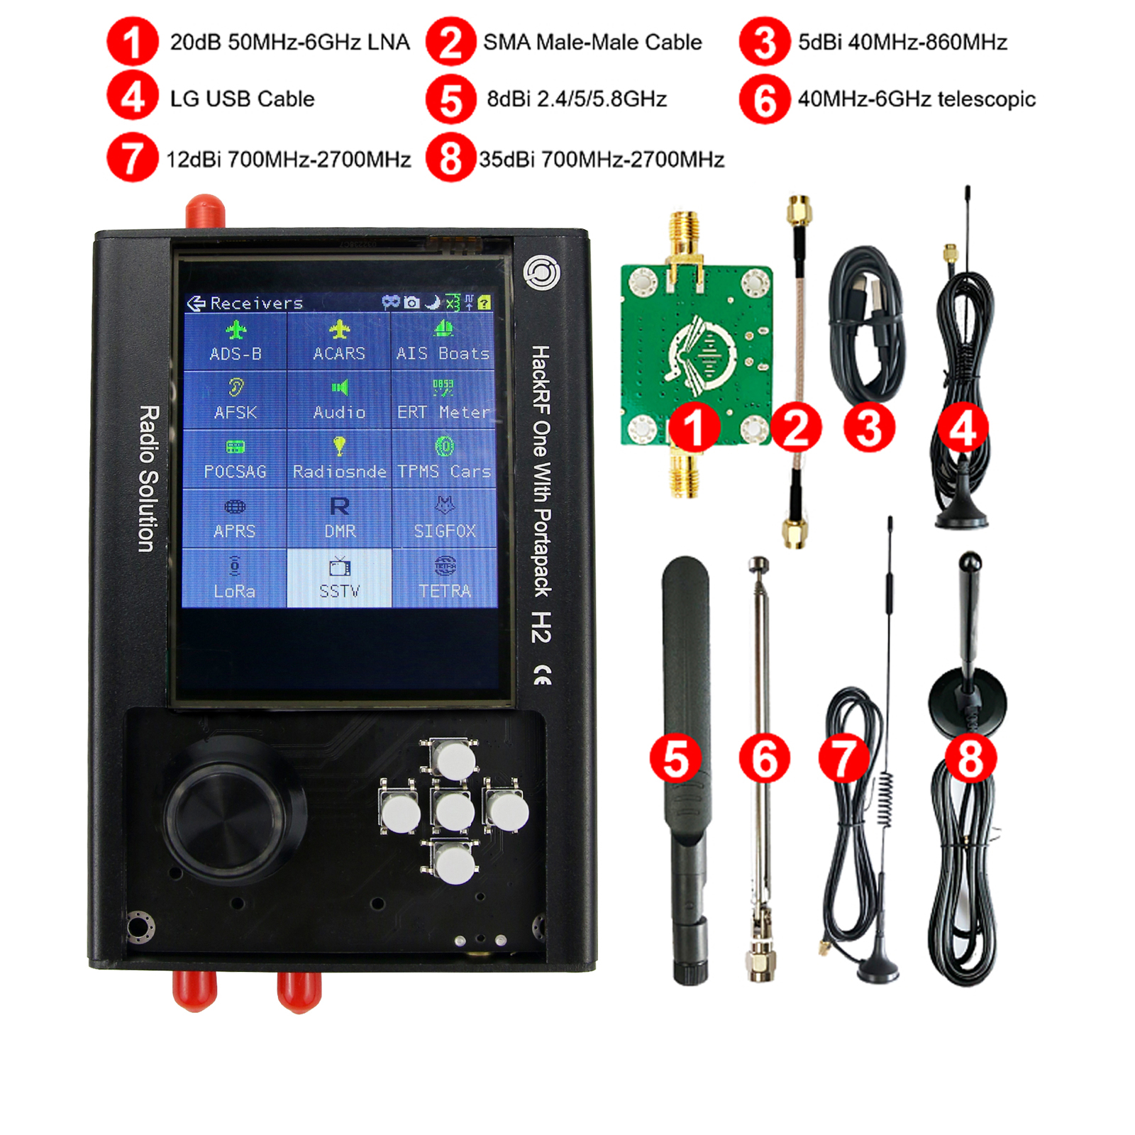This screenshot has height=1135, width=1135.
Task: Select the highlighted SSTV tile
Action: tap(339, 578)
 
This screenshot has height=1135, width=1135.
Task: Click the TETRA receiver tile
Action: tap(444, 578)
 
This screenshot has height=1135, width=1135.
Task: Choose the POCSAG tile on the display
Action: tap(235, 459)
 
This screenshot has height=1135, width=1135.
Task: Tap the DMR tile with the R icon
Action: tap(339, 518)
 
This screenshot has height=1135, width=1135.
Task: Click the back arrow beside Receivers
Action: tap(196, 304)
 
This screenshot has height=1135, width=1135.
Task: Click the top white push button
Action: tap(454, 760)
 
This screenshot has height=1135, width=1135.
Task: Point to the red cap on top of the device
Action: tap(205, 212)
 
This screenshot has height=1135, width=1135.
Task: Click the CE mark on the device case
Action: tap(542, 676)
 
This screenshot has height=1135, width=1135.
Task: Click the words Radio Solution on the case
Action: tap(148, 479)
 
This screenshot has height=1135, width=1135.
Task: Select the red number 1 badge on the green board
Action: tap(694, 428)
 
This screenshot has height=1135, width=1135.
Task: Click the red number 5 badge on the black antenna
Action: tap(675, 758)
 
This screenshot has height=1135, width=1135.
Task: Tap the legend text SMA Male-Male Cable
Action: tap(592, 43)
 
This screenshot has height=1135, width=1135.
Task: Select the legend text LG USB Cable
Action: tap(242, 99)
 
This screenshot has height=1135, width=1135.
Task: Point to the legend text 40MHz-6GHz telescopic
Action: tap(917, 99)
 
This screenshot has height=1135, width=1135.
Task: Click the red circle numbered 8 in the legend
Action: tap(450, 158)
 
